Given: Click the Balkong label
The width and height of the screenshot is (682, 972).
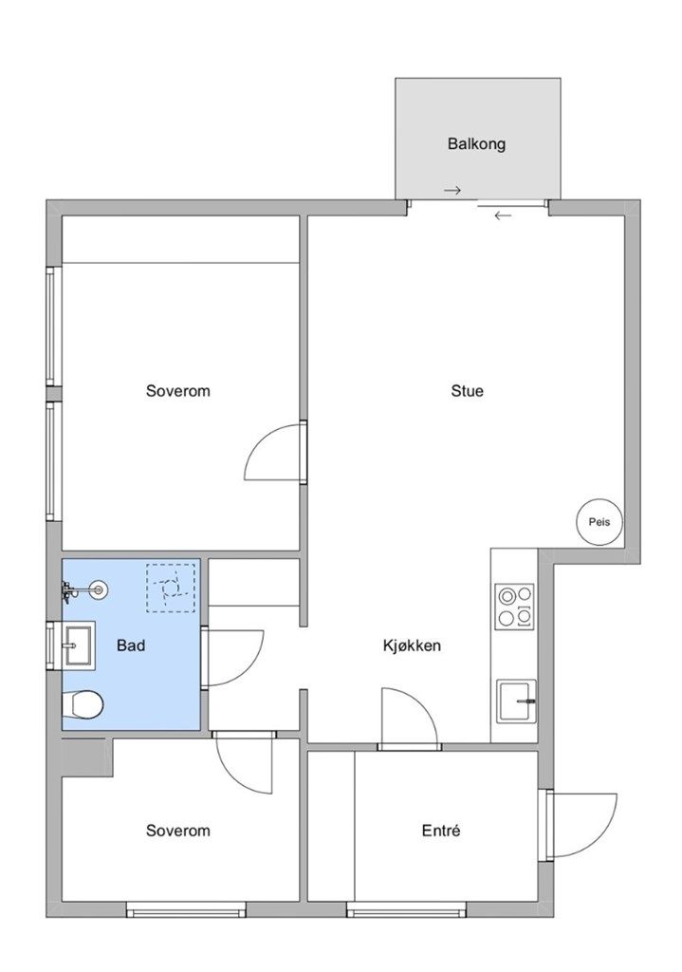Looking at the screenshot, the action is pos(476,144).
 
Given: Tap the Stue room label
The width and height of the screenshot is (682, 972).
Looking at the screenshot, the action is pos(467,391).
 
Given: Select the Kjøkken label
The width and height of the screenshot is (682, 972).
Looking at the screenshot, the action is pos(412,645).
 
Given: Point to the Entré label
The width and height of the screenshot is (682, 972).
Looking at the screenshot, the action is pos(441,831).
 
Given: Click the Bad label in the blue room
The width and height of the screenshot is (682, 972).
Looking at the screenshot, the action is pos(131,645).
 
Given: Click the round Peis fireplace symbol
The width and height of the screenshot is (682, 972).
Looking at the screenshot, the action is pos(599,522).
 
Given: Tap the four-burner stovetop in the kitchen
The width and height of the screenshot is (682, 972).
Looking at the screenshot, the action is pos(515,607).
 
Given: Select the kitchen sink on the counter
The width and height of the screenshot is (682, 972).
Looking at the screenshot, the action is pos(517,701).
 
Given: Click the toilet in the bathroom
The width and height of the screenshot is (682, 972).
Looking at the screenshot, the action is pos(83,705).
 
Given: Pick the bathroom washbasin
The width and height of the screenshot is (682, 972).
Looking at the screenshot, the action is pos(79,645).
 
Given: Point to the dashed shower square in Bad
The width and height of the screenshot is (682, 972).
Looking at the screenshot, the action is pos(171,589).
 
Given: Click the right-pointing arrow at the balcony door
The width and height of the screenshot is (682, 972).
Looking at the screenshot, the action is pos(452,190).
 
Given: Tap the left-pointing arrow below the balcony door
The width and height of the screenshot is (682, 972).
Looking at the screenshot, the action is pos(503,215).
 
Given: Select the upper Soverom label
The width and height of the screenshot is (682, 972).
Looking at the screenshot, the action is pos(177,391).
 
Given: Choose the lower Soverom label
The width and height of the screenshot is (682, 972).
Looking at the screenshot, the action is pos(177,831).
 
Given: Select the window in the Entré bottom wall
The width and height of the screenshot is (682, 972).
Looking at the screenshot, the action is pos(406,909).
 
